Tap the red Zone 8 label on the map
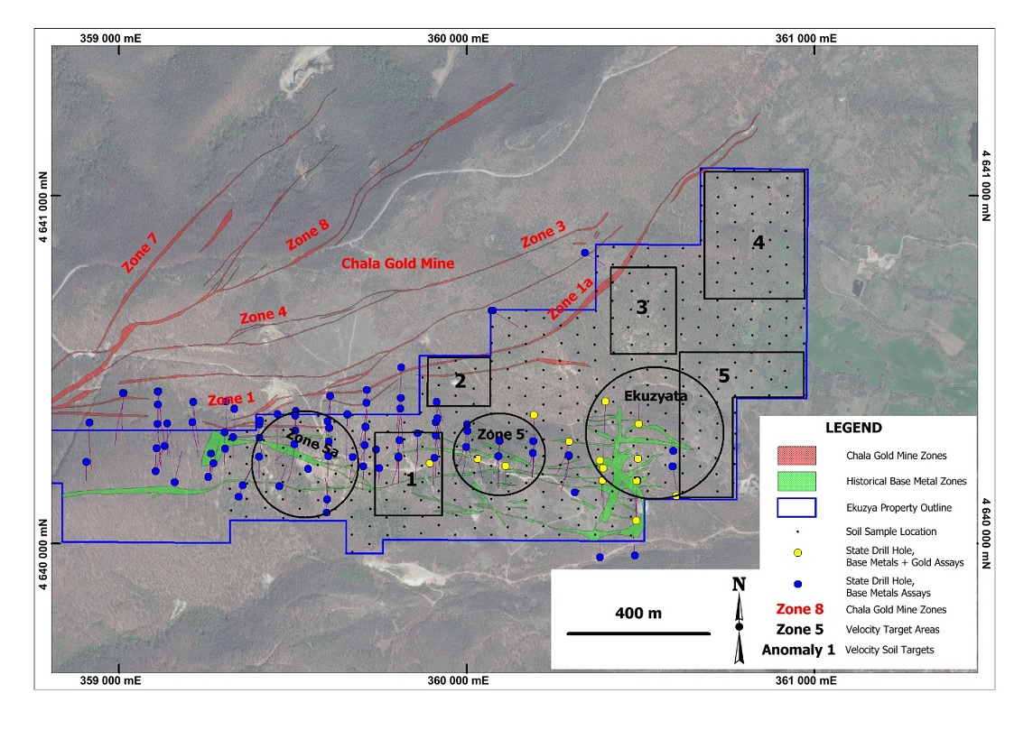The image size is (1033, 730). (307, 235)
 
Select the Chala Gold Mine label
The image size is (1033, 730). (398, 264)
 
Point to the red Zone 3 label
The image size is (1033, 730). (544, 235)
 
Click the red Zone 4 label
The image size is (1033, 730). (264, 315)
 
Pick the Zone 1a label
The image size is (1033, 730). (571, 299)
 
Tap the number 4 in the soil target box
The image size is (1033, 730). (758, 243)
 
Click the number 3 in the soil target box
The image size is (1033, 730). (642, 308)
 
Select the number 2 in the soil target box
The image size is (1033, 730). (460, 381)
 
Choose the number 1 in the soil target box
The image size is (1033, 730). (411, 480)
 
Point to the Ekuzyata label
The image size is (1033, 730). (656, 395)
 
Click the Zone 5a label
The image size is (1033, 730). (312, 442)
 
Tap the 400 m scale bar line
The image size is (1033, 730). (638, 633)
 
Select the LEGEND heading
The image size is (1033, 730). (854, 428)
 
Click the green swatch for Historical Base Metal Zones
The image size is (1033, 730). (796, 481)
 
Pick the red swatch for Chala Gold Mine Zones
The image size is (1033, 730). (796, 456)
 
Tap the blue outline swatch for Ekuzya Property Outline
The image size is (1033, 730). (796, 507)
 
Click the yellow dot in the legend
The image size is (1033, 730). (797, 553)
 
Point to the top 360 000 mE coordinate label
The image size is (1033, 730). (458, 38)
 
